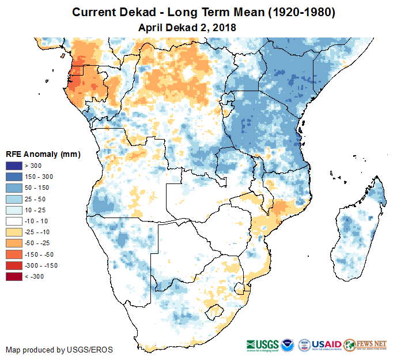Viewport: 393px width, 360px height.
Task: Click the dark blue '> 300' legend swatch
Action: pyautogui.click(x=14, y=166)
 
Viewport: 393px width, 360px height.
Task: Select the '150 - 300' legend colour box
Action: pyautogui.click(x=14, y=177)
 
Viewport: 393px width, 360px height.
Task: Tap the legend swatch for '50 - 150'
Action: pyautogui.click(x=14, y=188)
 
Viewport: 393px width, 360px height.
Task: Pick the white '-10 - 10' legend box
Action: pyautogui.click(x=14, y=221)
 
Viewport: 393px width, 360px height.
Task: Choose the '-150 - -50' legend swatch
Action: pyautogui.click(x=14, y=254)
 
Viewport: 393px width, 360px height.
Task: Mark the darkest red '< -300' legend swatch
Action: pyautogui.click(x=14, y=276)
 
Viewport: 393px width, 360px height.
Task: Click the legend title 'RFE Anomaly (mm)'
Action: pyautogui.click(x=43, y=155)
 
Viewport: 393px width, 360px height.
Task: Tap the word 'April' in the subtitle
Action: pyautogui.click(x=152, y=27)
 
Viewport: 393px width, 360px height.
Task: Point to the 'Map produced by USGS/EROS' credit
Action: pyautogui.click(x=59, y=350)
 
